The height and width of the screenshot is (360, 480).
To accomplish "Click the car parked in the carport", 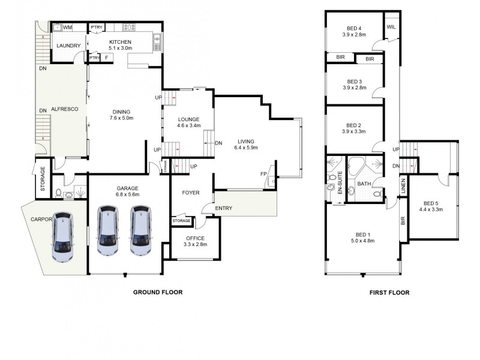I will [63, 238].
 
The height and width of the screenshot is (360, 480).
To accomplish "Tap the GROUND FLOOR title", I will [157, 292].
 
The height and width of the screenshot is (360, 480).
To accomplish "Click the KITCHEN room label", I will [119, 41].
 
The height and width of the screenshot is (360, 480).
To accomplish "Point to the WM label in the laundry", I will [68, 28].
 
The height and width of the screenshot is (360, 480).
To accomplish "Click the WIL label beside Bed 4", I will [391, 28].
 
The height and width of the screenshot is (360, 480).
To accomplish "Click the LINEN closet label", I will [402, 186].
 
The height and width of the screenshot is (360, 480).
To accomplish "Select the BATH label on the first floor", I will [364, 184].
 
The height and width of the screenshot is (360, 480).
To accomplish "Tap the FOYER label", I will [190, 193].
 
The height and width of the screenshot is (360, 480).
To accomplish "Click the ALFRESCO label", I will [62, 110].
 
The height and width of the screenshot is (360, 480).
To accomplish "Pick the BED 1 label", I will [362, 234].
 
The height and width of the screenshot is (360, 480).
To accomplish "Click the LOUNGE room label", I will [188, 119].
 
